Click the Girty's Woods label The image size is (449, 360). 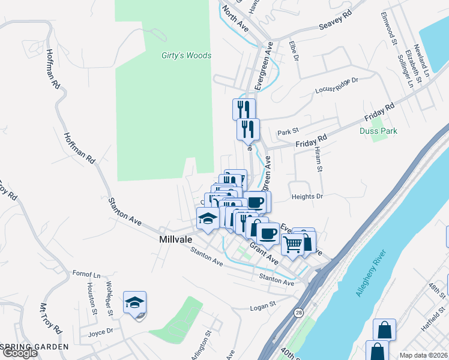(x=186, y=56)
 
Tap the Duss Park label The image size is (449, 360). (x=378, y=131)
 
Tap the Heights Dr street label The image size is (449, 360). (x=307, y=196)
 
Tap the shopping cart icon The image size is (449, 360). (x=293, y=244)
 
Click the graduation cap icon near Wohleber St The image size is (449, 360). (x=135, y=302)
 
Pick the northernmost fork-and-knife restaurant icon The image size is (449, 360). (x=244, y=109)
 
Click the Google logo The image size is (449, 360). (x=20, y=353)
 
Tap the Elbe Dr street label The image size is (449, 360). (x=294, y=52)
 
